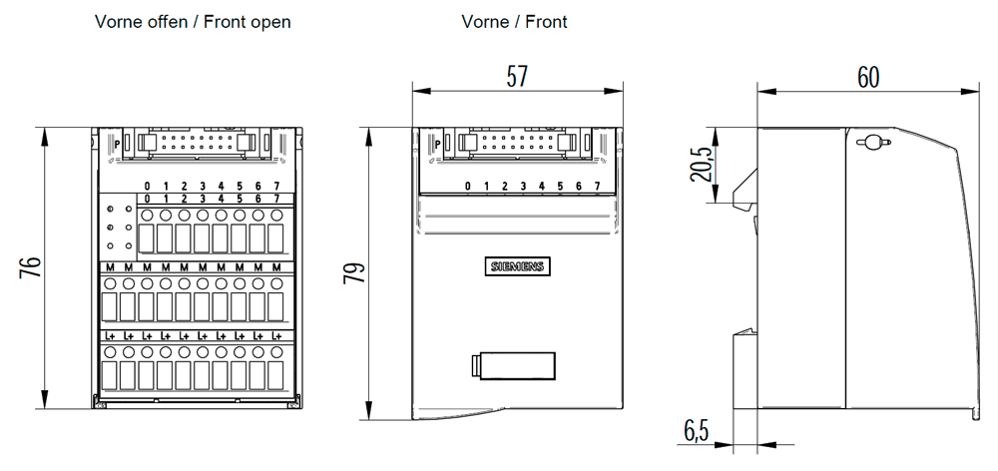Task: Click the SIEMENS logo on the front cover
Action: click(x=517, y=266)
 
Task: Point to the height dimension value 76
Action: click(x=31, y=267)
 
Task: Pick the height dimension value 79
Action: click(x=354, y=273)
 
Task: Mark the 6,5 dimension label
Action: click(x=697, y=431)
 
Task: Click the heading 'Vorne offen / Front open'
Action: click(x=193, y=22)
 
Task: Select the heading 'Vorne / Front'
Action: click(x=515, y=22)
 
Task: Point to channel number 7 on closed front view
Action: click(x=596, y=187)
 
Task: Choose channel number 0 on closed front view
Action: click(x=467, y=187)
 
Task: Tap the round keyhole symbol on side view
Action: click(x=870, y=143)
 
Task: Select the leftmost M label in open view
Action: click(x=109, y=268)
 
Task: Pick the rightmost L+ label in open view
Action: click(x=276, y=337)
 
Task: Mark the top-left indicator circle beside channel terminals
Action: click(x=110, y=210)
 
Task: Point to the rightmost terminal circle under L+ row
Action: click(x=276, y=352)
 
